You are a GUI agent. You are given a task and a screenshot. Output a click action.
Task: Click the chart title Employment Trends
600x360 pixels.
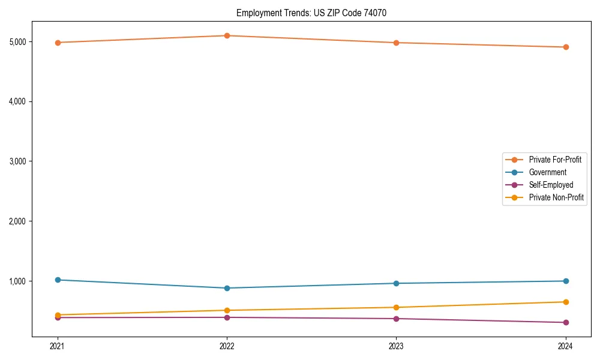click(316, 13)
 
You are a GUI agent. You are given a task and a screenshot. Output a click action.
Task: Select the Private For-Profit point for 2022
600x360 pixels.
click(227, 35)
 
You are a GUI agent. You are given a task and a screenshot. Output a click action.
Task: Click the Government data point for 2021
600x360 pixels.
click(58, 280)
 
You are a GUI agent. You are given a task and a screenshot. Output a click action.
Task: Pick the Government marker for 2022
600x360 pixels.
click(227, 288)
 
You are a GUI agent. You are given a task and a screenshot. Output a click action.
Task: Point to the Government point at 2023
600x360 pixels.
click(396, 283)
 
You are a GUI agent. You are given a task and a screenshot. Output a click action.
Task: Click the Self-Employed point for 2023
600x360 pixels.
click(396, 319)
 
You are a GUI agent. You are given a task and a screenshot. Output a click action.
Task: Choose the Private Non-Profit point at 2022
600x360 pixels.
click(227, 310)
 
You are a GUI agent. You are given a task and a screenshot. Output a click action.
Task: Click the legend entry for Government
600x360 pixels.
click(547, 172)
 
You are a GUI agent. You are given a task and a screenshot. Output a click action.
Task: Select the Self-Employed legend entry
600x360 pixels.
click(551, 185)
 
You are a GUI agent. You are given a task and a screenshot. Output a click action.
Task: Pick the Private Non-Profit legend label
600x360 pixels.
click(556, 197)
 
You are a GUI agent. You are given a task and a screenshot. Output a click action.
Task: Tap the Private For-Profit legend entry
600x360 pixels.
click(555, 160)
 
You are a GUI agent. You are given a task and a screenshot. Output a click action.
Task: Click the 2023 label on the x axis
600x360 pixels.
click(396, 346)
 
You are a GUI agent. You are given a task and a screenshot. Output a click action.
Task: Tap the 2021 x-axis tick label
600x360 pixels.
click(58, 346)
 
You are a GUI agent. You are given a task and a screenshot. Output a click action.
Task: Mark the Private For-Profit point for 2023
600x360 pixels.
click(396, 43)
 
